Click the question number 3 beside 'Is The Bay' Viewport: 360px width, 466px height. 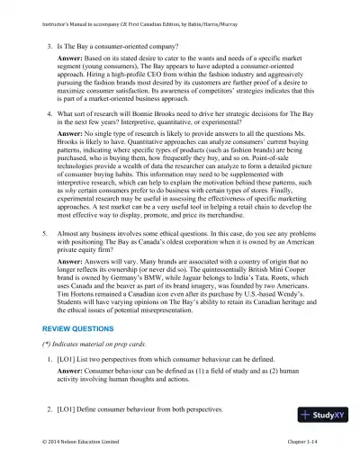click(x=49, y=42)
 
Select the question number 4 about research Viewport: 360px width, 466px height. click(x=49, y=114)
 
